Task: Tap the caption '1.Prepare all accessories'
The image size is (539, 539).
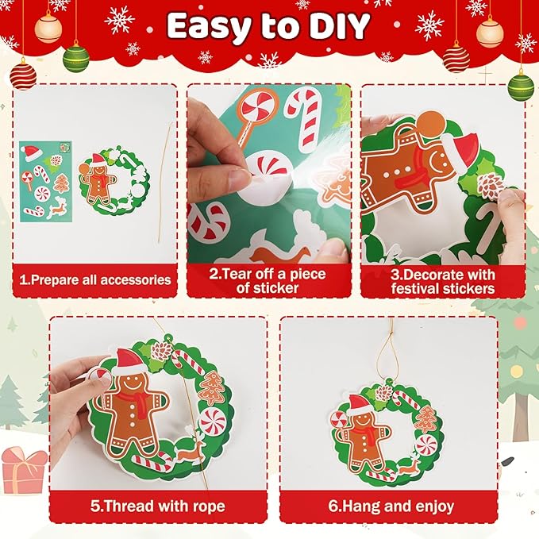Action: pos(95,279)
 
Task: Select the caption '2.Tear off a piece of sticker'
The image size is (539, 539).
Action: pos(268,281)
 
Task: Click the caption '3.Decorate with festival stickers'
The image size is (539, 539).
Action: pos(442,281)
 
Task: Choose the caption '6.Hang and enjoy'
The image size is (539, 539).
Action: pos(403,506)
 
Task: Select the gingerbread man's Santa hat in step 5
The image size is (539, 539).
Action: pos(129,361)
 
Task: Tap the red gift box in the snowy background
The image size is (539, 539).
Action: pos(24,468)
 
